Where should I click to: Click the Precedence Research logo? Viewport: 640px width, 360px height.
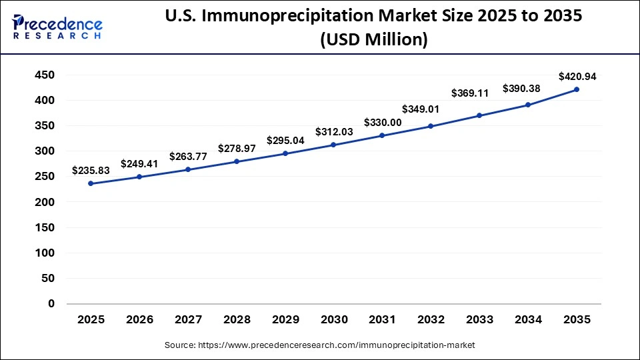pos(57,26)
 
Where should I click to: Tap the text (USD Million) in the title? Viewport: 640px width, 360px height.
pos(373,40)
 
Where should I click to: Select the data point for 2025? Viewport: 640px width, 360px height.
pos(91,183)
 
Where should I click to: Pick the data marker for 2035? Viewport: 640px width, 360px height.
pos(576,89)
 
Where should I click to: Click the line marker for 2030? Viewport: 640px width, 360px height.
pos(333,145)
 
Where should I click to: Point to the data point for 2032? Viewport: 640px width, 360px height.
pos(431,126)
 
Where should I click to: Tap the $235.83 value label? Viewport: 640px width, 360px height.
pos(91,171)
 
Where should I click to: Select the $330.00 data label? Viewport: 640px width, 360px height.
pos(382,123)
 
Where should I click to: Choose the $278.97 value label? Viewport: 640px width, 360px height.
pos(237,149)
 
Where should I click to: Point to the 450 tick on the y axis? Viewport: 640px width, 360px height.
pos(43,75)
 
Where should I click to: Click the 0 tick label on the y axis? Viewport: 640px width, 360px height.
pos(51,304)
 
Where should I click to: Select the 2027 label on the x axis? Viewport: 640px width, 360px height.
pos(188,320)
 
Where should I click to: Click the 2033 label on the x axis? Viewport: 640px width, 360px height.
pos(479,320)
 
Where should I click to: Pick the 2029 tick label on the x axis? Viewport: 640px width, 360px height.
pos(285,320)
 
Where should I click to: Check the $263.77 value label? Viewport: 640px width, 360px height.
pos(188,157)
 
